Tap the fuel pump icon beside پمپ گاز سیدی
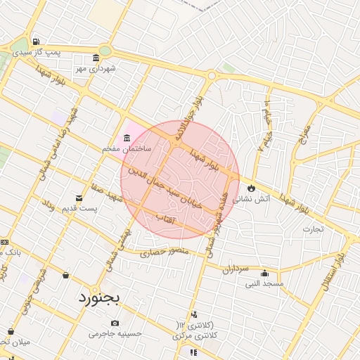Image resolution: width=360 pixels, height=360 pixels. [35, 41]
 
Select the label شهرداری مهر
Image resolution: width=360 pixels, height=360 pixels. [95, 68]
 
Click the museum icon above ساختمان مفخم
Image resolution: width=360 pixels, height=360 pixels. [127, 136]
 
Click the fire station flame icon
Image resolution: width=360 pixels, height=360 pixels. [251, 188]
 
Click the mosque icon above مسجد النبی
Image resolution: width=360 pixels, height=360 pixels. [264, 273]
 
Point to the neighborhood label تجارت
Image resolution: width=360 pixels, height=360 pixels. [313, 229]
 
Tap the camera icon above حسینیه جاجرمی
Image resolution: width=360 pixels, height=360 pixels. [115, 323]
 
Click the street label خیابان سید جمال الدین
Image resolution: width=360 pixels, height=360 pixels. [169, 190]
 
